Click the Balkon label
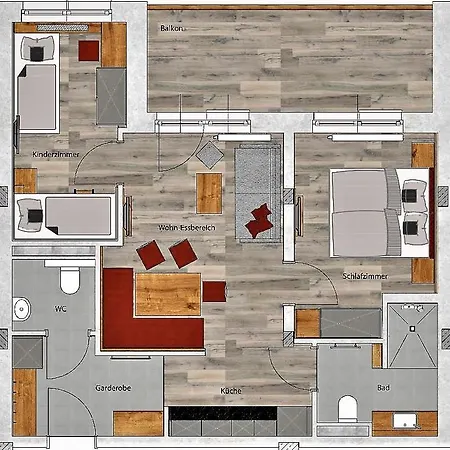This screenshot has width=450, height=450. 171,28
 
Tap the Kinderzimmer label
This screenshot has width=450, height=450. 56,154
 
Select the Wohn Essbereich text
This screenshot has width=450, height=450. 186,228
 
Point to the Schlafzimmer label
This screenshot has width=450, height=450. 365,276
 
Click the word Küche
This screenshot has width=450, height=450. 231,391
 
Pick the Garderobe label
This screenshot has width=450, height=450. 113,388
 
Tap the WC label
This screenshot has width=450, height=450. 60,309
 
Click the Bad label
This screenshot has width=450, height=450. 383,388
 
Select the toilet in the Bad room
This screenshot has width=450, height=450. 348,409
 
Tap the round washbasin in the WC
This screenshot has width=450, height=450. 22,309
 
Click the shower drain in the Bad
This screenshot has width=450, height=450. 412,329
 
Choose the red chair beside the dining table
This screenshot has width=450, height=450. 214,292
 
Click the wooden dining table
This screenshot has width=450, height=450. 168,294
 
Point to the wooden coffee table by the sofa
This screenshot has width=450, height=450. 209,193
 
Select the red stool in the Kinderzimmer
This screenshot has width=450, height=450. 89,51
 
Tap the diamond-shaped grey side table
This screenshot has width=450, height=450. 210,155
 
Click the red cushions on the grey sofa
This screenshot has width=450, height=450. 259,220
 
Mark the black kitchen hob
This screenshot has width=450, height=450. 223,413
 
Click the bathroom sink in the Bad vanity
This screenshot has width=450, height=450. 405,421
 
